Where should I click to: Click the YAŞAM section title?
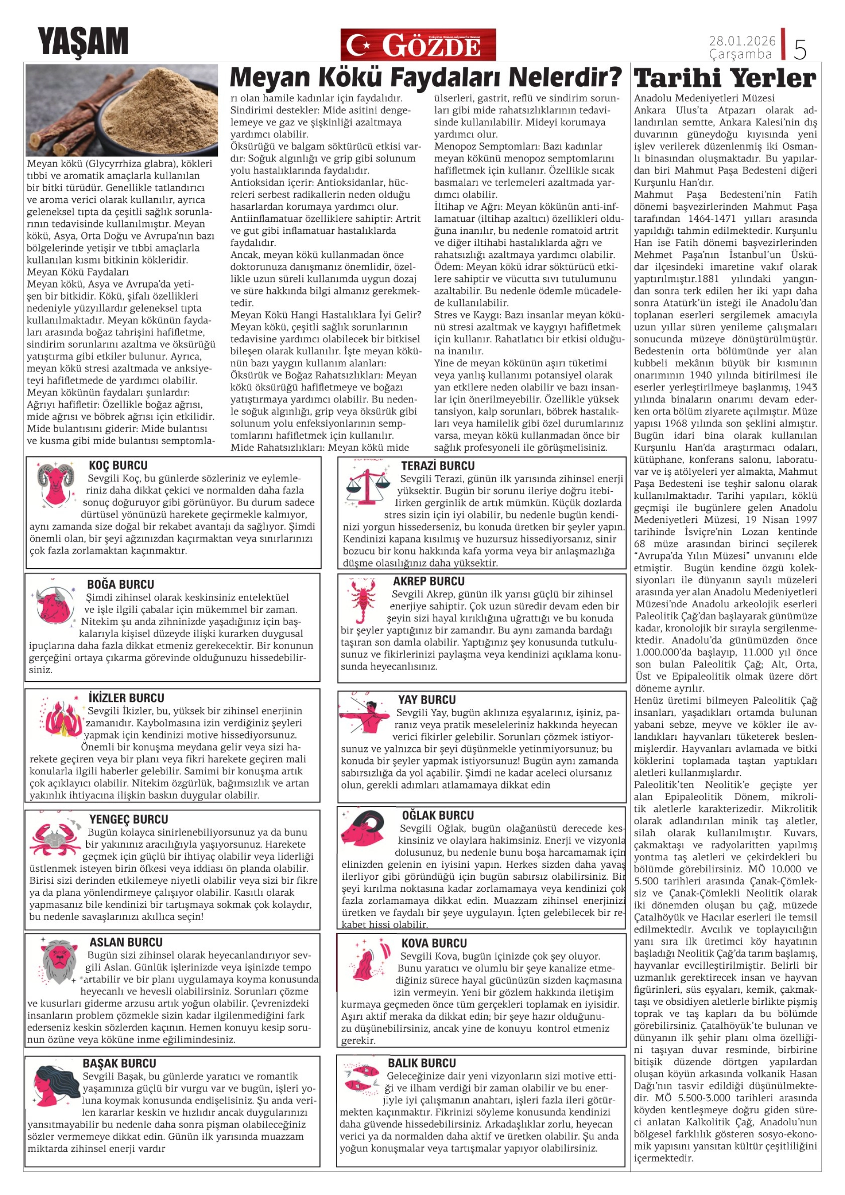tap(83, 42)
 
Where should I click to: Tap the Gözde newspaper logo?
tap(418, 45)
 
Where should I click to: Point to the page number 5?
tap(800, 49)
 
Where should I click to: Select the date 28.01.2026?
tap(742, 40)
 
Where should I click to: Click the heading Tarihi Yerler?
tap(725, 79)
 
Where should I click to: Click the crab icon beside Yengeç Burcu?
tap(55, 838)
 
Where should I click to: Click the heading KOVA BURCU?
tap(434, 943)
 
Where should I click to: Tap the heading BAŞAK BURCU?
tap(119, 1063)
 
